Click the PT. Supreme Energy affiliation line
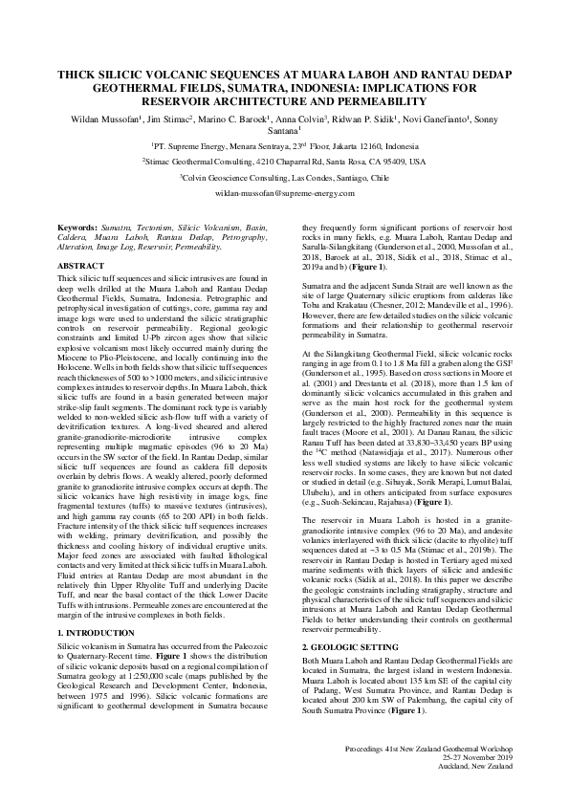(284, 146)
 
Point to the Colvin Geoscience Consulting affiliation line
(284, 177)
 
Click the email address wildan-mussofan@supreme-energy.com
(284, 193)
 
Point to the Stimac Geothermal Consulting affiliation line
(284, 162)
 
